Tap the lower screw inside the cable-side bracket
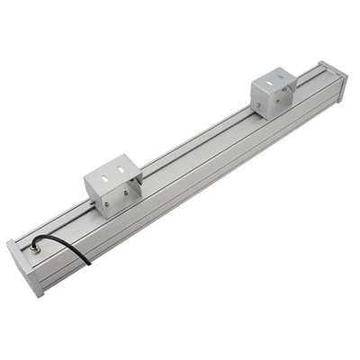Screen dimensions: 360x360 105,204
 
